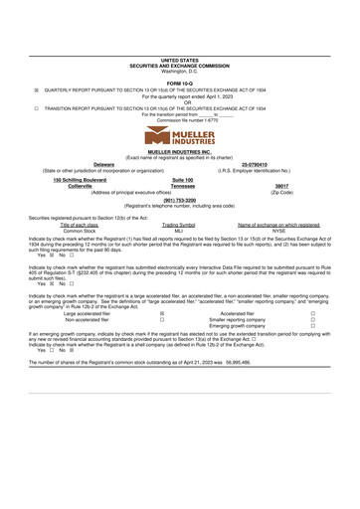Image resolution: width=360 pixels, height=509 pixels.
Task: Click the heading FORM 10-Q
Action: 179,83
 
